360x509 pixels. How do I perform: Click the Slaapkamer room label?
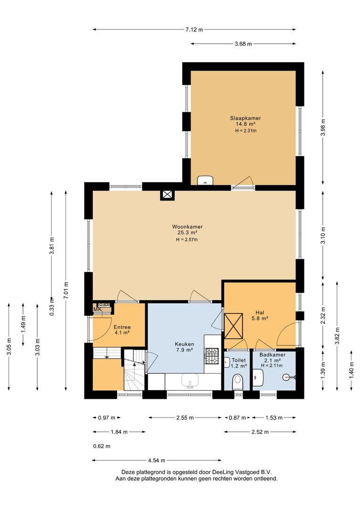[245, 118]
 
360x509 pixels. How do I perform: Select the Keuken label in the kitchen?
[184, 344]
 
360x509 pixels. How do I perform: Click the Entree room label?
[122, 327]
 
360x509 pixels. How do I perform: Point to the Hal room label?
[260, 312]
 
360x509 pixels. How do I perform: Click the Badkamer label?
[272, 355]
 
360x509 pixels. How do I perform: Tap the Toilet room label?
[238, 361]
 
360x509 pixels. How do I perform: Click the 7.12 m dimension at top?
[194, 30]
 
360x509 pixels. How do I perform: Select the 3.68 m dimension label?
[243, 44]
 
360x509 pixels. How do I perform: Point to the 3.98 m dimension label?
[323, 128]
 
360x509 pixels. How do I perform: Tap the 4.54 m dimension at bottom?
[156, 460]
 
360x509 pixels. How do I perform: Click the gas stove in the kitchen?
[212, 356]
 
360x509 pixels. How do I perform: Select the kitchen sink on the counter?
[190, 381]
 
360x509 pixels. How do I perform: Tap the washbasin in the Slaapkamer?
[205, 180]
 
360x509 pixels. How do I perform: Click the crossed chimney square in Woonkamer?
[167, 195]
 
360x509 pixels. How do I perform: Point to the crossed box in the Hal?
[233, 326]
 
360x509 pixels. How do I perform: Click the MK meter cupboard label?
[98, 309]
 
